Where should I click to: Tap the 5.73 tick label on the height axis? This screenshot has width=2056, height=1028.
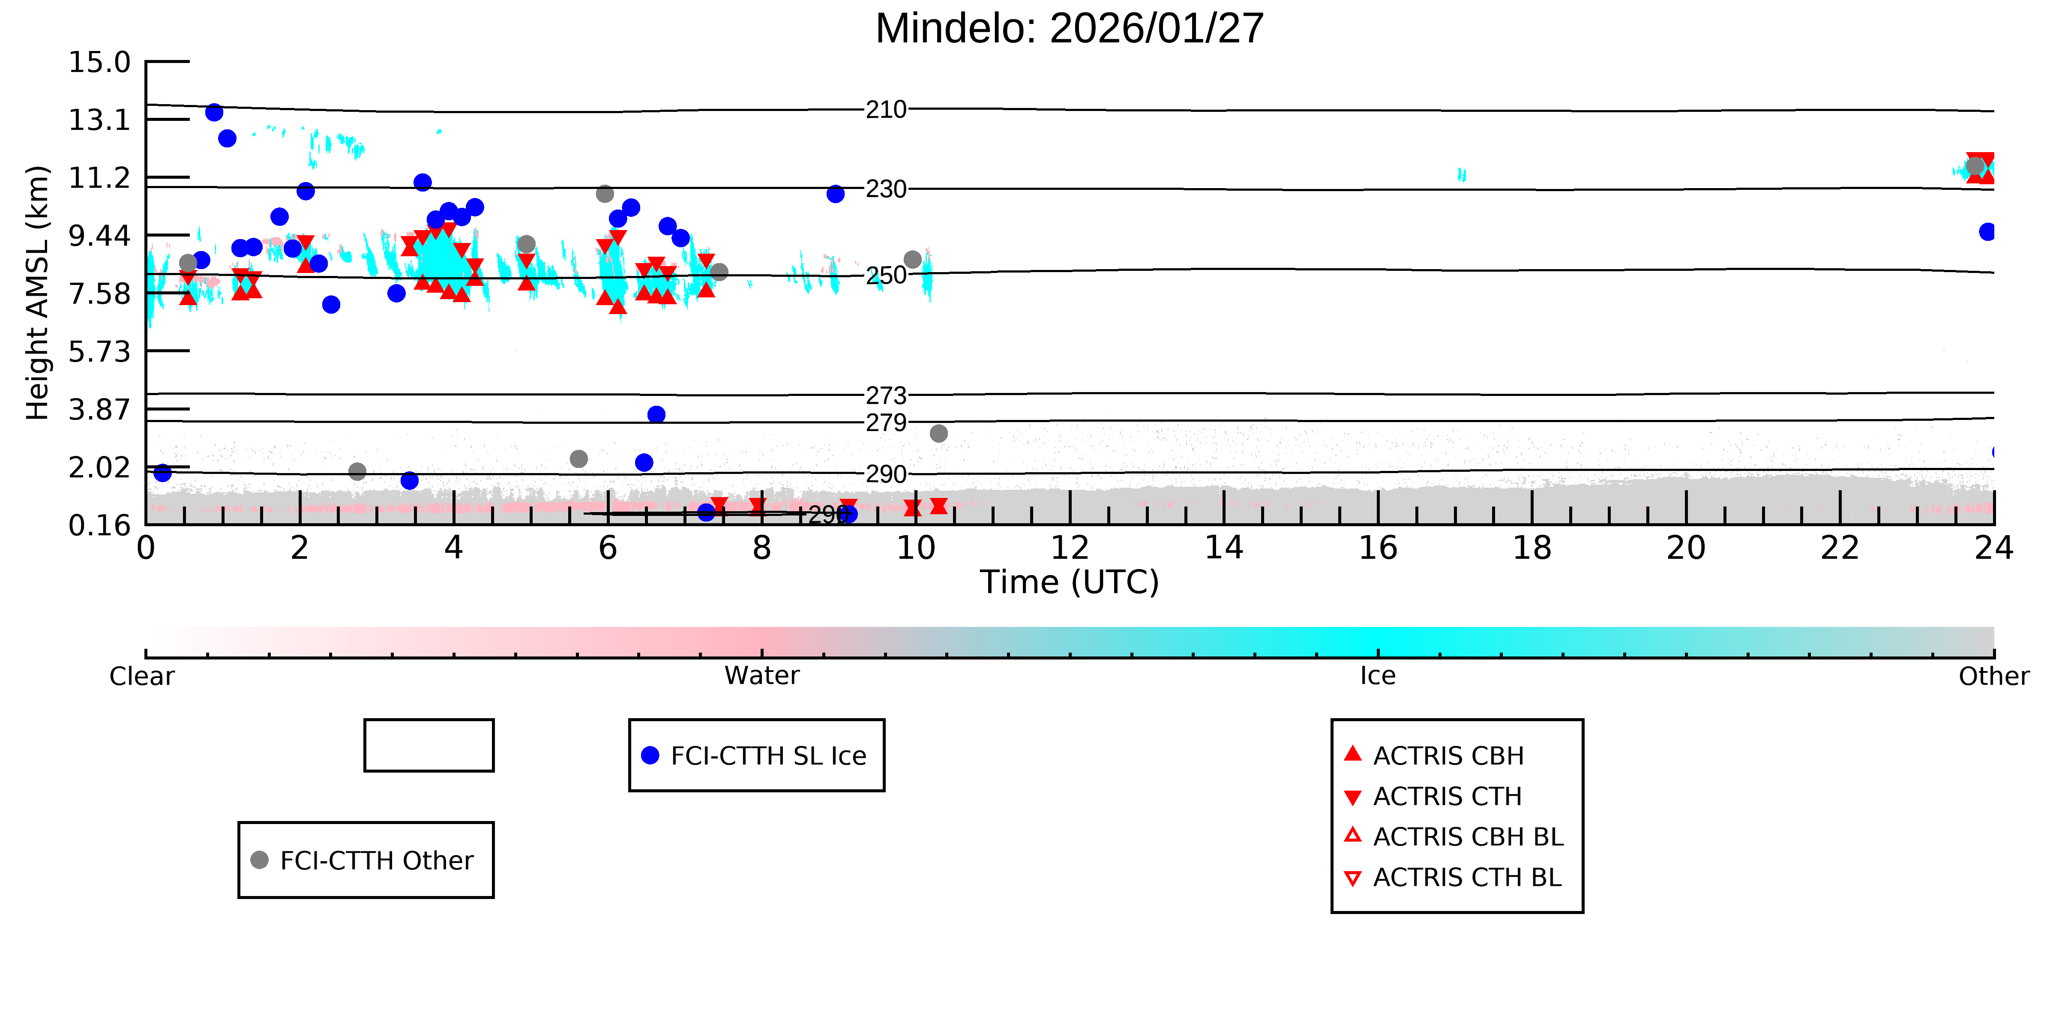99,351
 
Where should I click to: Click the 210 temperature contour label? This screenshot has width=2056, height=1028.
886,109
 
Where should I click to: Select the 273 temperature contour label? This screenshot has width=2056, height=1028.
886,395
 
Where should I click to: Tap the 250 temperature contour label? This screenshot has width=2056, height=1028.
886,276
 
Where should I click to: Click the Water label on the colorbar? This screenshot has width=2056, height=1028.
761,676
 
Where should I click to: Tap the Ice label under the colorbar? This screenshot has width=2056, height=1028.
1378,676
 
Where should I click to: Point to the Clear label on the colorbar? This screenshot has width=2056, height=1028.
142,676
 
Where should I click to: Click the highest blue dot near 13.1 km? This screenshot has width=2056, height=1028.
214,113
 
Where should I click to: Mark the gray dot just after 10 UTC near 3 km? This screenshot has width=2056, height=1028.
938,433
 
